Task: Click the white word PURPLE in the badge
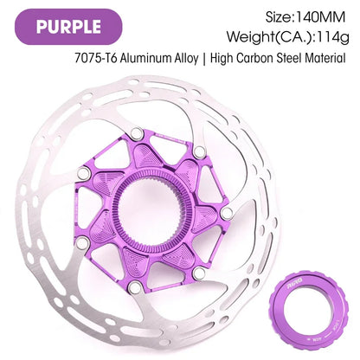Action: pyautogui.click(x=68, y=27)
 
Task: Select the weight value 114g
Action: pyautogui.click(x=333, y=37)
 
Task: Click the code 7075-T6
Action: pyautogui.click(x=95, y=58)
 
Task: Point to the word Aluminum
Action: pyautogui.click(x=145, y=58)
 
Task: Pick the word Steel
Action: pyautogui.click(x=289, y=58)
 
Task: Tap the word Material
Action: pyautogui.click(x=325, y=58)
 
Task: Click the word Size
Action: pyautogui.click(x=278, y=17)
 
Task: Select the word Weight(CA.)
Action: pyautogui.click(x=270, y=37)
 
